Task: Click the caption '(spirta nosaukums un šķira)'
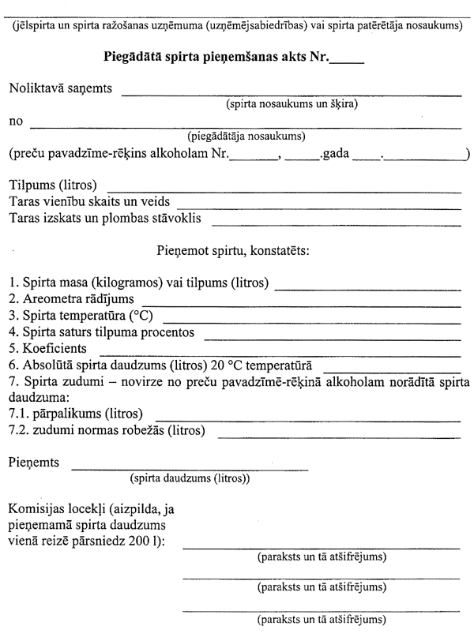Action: point(290,104)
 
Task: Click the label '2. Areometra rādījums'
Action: point(72,299)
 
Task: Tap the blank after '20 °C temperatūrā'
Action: point(392,369)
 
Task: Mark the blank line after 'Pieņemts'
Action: point(190,468)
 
